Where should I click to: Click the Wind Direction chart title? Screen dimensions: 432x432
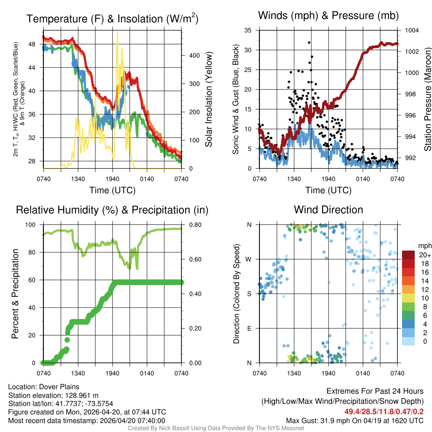click(x=328, y=210)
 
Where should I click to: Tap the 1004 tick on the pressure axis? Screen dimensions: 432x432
click(x=411, y=30)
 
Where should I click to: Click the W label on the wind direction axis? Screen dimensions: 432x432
click(x=249, y=259)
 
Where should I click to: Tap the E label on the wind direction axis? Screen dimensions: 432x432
click(x=249, y=328)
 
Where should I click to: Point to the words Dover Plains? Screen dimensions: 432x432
click(x=58, y=387)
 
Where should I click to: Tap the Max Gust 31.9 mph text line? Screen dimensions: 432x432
click(x=355, y=420)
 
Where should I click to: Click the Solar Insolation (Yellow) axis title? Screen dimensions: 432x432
click(x=209, y=100)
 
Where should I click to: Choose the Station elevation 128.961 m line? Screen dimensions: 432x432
click(x=53, y=395)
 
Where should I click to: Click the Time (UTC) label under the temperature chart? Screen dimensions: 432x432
click(x=113, y=190)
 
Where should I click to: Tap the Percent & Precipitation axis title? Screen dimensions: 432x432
click(x=15, y=294)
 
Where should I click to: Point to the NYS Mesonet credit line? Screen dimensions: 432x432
click(x=216, y=428)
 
